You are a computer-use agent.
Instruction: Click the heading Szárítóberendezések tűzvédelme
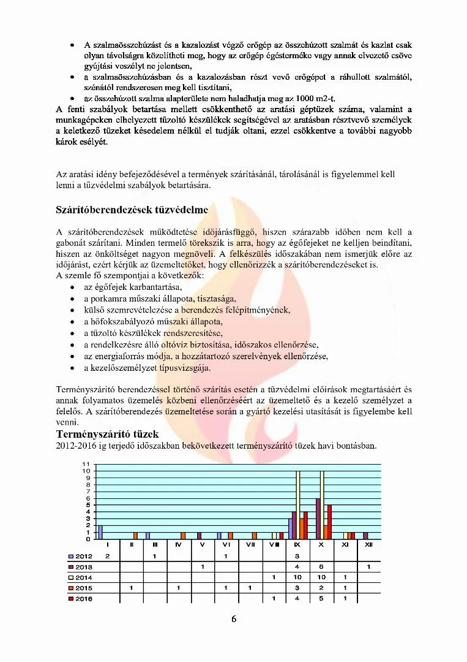pyautogui.click(x=132, y=210)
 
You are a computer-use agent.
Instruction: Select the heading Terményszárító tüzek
pyautogui.click(x=108, y=434)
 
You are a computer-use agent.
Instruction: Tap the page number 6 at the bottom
pyautogui.click(x=233, y=618)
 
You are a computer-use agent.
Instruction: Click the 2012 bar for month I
pyautogui.click(x=100, y=532)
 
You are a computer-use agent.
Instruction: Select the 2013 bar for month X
pyautogui.click(x=318, y=519)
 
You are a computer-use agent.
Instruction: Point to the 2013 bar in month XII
pyautogui.click(x=366, y=536)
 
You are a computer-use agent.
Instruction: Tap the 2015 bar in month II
pyautogui.click(x=135, y=536)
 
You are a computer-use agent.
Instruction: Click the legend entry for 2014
pyautogui.click(x=80, y=577)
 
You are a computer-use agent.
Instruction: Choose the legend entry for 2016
pyautogui.click(x=80, y=599)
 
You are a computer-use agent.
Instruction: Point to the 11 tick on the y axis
pyautogui.click(x=87, y=464)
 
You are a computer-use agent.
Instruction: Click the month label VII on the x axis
pyautogui.click(x=250, y=544)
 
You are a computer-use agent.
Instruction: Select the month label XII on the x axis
pyautogui.click(x=368, y=544)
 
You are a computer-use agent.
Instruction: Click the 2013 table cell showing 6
pyautogui.click(x=321, y=567)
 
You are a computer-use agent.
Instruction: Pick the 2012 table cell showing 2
pyautogui.click(x=108, y=556)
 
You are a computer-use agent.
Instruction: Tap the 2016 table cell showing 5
pyautogui.click(x=321, y=599)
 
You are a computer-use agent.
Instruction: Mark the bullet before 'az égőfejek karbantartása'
pyautogui.click(x=73, y=287)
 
